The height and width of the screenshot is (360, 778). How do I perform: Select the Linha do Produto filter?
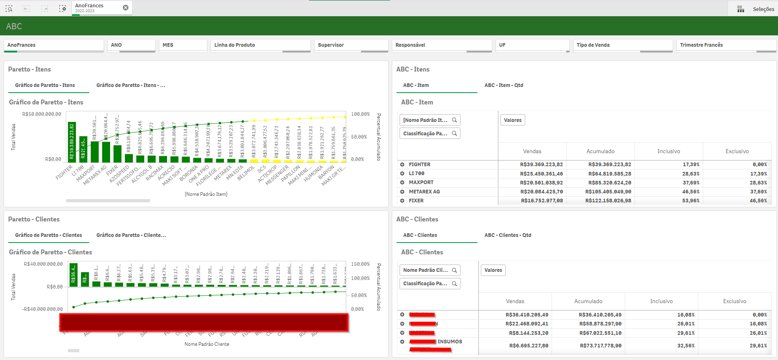pos(260,45)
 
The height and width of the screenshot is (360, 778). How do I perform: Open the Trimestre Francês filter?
pos(726,45)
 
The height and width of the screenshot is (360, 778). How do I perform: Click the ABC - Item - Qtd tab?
pos(504,85)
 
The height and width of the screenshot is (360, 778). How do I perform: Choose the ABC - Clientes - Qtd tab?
pos(508,235)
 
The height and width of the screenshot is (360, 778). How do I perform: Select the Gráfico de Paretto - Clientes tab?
pos(48,235)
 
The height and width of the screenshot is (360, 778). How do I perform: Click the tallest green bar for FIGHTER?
pos(72,142)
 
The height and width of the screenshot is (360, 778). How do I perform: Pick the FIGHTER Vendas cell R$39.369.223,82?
pos(541,165)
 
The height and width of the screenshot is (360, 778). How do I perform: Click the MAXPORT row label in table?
pos(421,182)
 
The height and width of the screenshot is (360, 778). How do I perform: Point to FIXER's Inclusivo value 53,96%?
pos(691,201)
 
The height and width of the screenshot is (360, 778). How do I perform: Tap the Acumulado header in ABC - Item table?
pos(600,152)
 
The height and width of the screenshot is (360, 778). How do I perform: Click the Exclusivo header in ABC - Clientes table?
pos(734,301)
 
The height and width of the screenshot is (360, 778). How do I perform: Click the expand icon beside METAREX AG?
pos(402,192)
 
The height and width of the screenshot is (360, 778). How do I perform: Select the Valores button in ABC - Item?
pos(513,120)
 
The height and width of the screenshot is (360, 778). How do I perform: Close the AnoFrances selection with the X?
pos(126,8)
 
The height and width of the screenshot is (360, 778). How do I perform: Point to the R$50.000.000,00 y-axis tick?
pos(42,114)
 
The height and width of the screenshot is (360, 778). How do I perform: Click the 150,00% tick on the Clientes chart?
pos(360,264)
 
